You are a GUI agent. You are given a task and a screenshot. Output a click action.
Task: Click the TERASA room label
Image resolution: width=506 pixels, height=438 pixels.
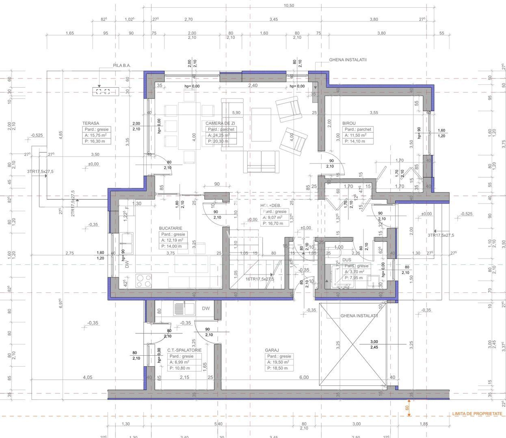pos(91,123)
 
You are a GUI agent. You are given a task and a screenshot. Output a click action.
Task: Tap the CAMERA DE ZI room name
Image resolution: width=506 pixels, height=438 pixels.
pos(220,123)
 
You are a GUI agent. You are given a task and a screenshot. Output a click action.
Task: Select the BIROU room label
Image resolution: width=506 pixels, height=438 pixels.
pos(349,123)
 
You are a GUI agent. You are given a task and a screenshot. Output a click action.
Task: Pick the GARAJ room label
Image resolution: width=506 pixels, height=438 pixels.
pos(272,350)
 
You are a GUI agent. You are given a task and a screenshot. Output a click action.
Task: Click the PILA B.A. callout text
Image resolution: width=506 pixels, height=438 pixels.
pos(122,65)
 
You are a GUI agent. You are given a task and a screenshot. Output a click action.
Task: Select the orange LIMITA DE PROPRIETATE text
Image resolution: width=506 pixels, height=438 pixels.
pos(477,414)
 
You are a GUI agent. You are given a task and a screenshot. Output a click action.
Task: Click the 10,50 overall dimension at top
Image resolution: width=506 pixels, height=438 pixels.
pos(289,6)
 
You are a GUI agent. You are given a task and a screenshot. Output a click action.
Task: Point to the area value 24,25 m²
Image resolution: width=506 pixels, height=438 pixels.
pos(220,135)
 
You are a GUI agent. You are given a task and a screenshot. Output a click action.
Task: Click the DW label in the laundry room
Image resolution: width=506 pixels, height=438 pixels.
pos(206,309)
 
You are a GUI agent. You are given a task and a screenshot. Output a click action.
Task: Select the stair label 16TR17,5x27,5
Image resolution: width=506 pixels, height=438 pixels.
pos(259,279)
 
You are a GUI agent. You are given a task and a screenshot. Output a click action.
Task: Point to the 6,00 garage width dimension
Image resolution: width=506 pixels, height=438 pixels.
pos(304,377)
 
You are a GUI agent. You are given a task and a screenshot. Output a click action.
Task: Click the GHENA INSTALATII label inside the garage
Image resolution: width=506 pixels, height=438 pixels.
pos(359,316)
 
